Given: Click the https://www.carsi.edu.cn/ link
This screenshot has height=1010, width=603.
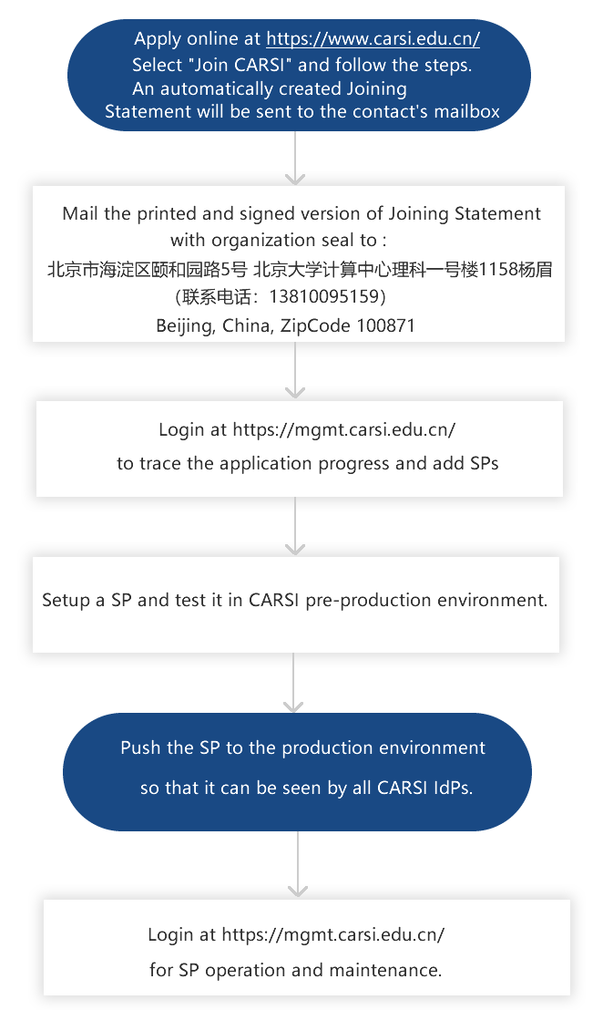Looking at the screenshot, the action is (x=373, y=39).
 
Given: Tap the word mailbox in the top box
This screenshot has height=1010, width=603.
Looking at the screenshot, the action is (x=467, y=111).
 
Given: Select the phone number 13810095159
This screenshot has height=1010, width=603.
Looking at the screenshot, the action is (x=324, y=296).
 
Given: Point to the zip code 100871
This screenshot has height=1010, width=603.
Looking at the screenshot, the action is (x=386, y=325).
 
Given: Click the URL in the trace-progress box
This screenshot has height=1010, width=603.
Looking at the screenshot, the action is (x=344, y=429).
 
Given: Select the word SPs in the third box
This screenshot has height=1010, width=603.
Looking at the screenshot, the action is (x=484, y=464).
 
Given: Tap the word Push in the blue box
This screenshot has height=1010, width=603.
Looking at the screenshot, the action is (x=141, y=747).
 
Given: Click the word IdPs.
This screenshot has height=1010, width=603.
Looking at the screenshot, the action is (x=453, y=788).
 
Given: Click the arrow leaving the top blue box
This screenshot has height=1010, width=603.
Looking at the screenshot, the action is (x=295, y=158).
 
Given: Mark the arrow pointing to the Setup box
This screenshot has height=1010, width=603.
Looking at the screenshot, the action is (x=295, y=526).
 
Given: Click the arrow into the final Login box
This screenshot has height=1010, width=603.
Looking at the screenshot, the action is (x=297, y=864).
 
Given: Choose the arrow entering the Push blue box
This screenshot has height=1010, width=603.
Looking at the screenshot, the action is (x=293, y=682).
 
